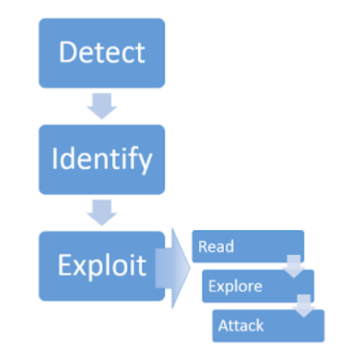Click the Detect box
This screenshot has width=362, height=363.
tap(101, 53)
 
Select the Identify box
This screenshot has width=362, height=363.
tap(101, 160)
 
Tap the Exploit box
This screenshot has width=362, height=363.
tap(101, 265)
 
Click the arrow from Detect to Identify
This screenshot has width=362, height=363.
tap(102, 106)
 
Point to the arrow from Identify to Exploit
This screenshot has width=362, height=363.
tap(102, 212)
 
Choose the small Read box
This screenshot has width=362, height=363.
tap(247, 246)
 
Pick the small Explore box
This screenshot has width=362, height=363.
tap(257, 286)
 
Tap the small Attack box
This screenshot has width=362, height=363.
tap(268, 325)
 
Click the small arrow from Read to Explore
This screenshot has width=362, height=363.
tap(294, 265)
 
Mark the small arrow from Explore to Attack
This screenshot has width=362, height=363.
tap(305, 305)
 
